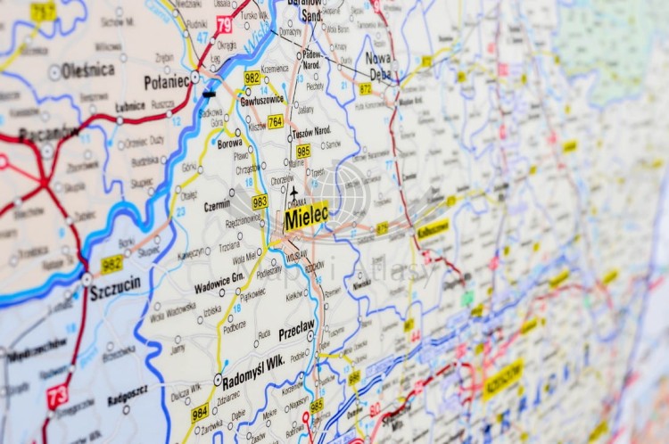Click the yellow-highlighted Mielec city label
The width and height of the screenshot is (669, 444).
(306, 215)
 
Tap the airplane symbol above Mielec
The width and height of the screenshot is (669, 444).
(294, 192)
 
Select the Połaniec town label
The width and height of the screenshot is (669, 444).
(166, 82)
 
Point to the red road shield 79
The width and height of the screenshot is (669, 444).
(223, 24)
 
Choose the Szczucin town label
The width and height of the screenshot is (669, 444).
(114, 287)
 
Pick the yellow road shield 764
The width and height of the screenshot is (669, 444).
(276, 121)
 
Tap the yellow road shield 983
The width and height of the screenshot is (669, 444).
(260, 201)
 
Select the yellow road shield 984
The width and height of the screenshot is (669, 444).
(200, 411)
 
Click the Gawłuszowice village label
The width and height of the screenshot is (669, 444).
(261, 101)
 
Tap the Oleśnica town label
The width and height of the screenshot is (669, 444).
(87, 70)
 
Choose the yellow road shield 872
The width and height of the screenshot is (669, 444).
(366, 88)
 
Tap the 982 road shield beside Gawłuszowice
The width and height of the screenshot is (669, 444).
(252, 78)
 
